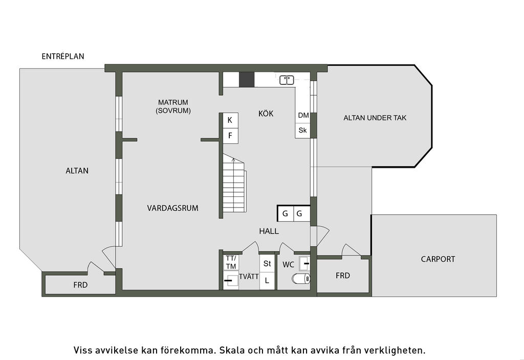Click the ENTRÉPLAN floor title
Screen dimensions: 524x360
coord(63,56)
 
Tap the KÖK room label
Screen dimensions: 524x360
coord(266,114)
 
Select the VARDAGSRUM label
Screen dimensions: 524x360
coord(173,208)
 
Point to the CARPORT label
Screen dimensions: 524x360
coord(438,259)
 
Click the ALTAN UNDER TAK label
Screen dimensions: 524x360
coord(375,118)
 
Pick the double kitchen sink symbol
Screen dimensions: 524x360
coord(287,80)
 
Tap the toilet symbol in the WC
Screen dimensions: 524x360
coord(301,279)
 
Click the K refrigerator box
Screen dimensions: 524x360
coord(231,120)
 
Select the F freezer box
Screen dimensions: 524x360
coord(231,136)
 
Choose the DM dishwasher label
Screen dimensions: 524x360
coord(303,115)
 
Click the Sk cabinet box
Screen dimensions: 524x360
coord(303,130)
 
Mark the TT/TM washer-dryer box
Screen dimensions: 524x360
coord(231,262)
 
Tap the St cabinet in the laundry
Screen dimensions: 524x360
coord(267,263)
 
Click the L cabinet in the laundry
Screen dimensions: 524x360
coord(267,281)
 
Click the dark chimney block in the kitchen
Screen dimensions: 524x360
coord(247,79)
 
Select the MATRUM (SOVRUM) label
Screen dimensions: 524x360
coord(173,106)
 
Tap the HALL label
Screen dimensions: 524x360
coord(269,231)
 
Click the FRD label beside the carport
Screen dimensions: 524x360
coord(343,276)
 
